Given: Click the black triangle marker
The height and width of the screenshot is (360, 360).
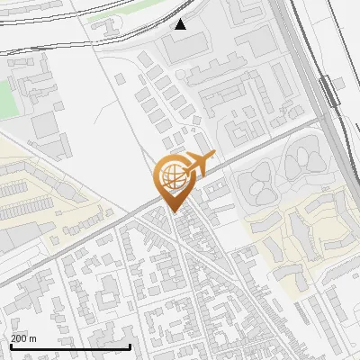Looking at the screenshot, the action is point(181,24).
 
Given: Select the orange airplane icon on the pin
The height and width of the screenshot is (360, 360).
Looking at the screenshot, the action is point(200,163).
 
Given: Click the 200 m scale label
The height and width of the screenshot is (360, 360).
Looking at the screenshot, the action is point(24,338).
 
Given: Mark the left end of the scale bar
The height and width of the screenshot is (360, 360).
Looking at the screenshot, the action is point(10,346).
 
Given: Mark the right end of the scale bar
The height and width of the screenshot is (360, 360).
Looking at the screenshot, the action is point(130,346).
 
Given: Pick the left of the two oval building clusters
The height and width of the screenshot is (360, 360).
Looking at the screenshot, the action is point(258,183).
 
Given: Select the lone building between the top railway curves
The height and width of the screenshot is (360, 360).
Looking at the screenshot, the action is point(111,20).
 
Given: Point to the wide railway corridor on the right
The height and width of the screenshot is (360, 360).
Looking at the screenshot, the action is point(310,54).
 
